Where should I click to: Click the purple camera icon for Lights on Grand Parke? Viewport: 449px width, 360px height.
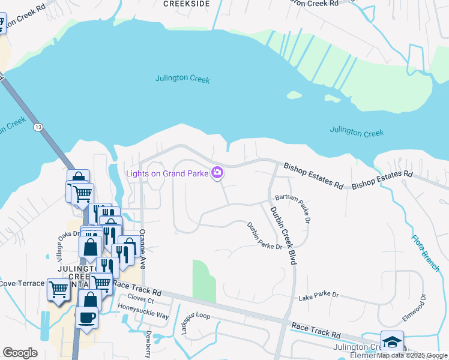tap(217, 173)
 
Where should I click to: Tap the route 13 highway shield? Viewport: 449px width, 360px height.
tap(38, 127)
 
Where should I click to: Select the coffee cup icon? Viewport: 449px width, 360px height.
tap(86, 317)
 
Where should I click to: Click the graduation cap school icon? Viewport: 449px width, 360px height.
tap(392, 342)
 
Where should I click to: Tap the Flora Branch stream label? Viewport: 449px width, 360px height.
tap(426, 253)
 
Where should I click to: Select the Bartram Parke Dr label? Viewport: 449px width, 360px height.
tap(293, 208)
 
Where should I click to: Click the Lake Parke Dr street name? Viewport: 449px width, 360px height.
tap(319, 296)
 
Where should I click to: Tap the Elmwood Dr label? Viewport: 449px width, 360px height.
tap(423, 305)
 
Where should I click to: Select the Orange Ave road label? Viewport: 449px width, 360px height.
tap(142, 247)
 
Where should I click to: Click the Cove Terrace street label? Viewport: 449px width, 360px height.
tap(22, 283)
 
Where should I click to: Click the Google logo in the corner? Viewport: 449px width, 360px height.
tap(20, 353)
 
